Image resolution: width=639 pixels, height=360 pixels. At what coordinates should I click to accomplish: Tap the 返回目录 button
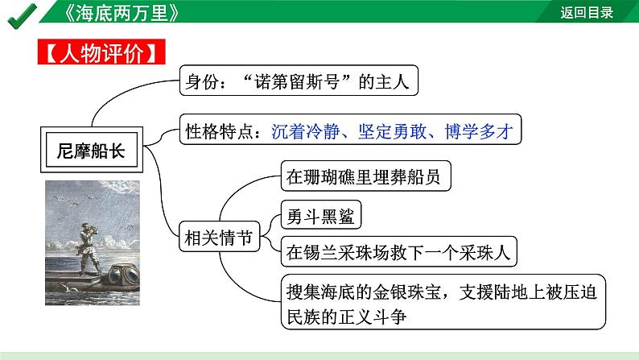click(587, 13)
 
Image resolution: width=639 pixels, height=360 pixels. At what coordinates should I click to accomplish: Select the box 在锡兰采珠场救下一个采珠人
click(398, 253)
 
